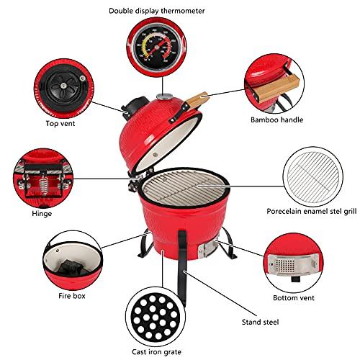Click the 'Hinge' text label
[41, 213]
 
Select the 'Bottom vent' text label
[293, 298]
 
